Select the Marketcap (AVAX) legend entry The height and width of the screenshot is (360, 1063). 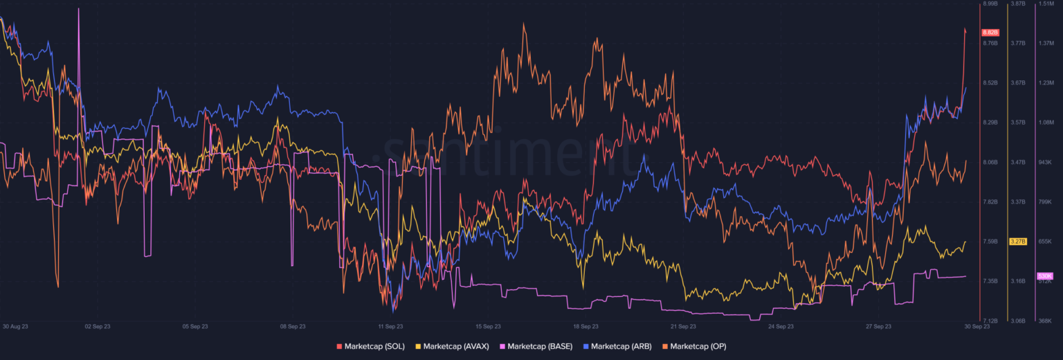(453, 346)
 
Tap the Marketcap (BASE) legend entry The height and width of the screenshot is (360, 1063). (536, 346)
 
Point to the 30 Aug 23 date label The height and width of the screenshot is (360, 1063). (15, 325)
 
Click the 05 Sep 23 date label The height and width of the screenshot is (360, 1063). (194, 325)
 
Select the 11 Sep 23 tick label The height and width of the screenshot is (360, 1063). (390, 325)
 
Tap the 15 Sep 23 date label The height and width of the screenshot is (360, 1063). (488, 325)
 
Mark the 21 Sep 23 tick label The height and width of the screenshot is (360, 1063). (683, 325)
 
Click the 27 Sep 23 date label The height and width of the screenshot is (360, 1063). (878, 325)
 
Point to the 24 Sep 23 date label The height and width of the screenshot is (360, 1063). (781, 325)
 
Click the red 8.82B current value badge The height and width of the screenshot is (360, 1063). (990, 33)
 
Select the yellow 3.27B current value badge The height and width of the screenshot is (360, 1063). (1017, 242)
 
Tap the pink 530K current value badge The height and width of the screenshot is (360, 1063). (1044, 276)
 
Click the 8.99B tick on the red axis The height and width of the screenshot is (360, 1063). (990, 4)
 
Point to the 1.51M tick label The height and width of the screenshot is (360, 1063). (1044, 4)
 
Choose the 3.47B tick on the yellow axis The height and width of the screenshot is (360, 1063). (1017, 162)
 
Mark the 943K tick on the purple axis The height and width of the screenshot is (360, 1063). (1044, 162)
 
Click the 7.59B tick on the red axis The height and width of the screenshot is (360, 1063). (990, 242)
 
